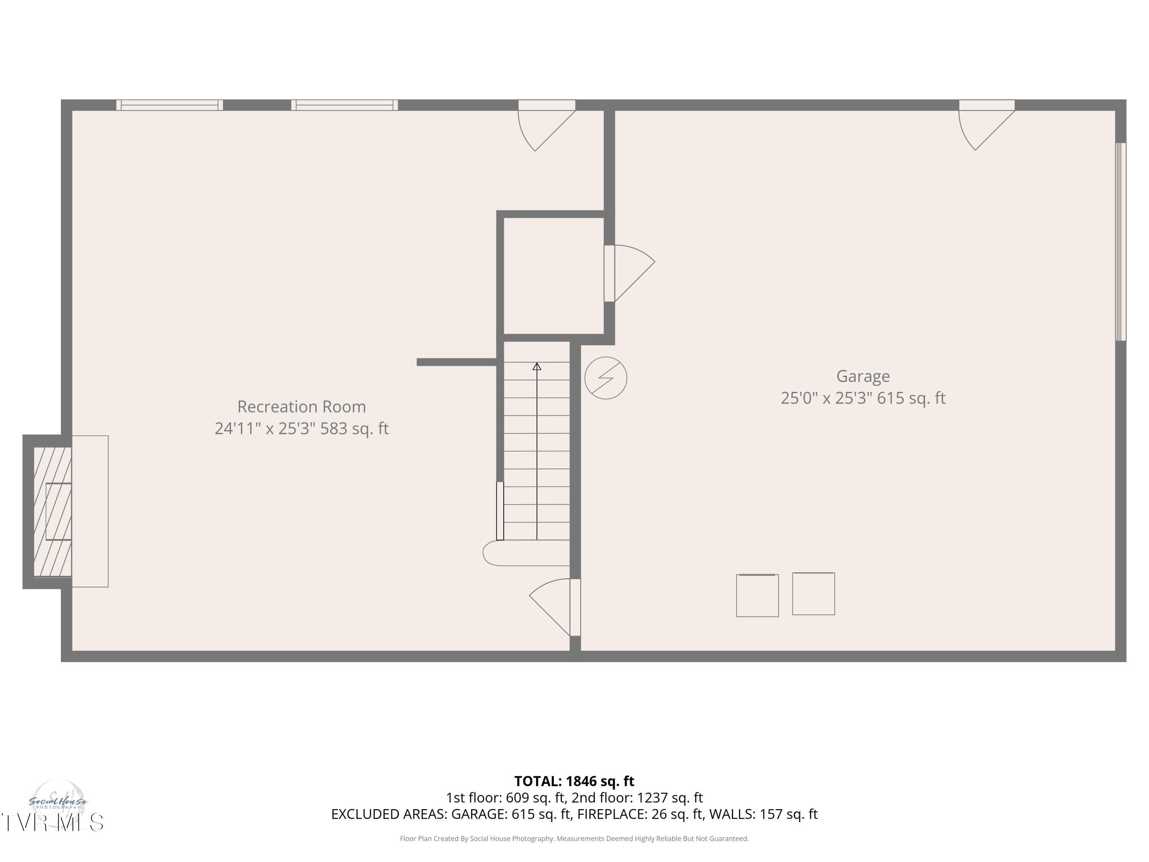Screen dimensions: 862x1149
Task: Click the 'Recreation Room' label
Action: pos(301,406)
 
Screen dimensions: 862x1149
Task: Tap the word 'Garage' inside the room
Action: pos(863,376)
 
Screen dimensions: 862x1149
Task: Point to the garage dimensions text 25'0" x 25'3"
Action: pos(827,398)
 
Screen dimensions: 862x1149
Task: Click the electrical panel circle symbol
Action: pos(606,378)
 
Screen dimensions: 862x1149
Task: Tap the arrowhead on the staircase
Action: pos(537,366)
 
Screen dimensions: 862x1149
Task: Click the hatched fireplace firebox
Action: pos(52,512)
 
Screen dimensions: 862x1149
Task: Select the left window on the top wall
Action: pos(169,105)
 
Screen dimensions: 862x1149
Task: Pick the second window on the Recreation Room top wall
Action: pos(344,105)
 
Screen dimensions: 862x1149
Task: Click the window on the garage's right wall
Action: pos(1121,242)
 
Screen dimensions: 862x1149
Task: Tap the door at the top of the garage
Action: pos(986,125)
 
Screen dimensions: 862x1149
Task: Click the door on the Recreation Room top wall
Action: pos(547,125)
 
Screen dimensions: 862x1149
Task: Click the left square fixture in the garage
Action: pos(757,595)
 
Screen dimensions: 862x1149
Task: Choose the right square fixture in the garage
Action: pos(813,594)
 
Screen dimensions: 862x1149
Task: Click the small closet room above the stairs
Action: pos(553,276)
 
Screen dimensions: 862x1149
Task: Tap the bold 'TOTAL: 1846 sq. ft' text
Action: pos(574,781)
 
